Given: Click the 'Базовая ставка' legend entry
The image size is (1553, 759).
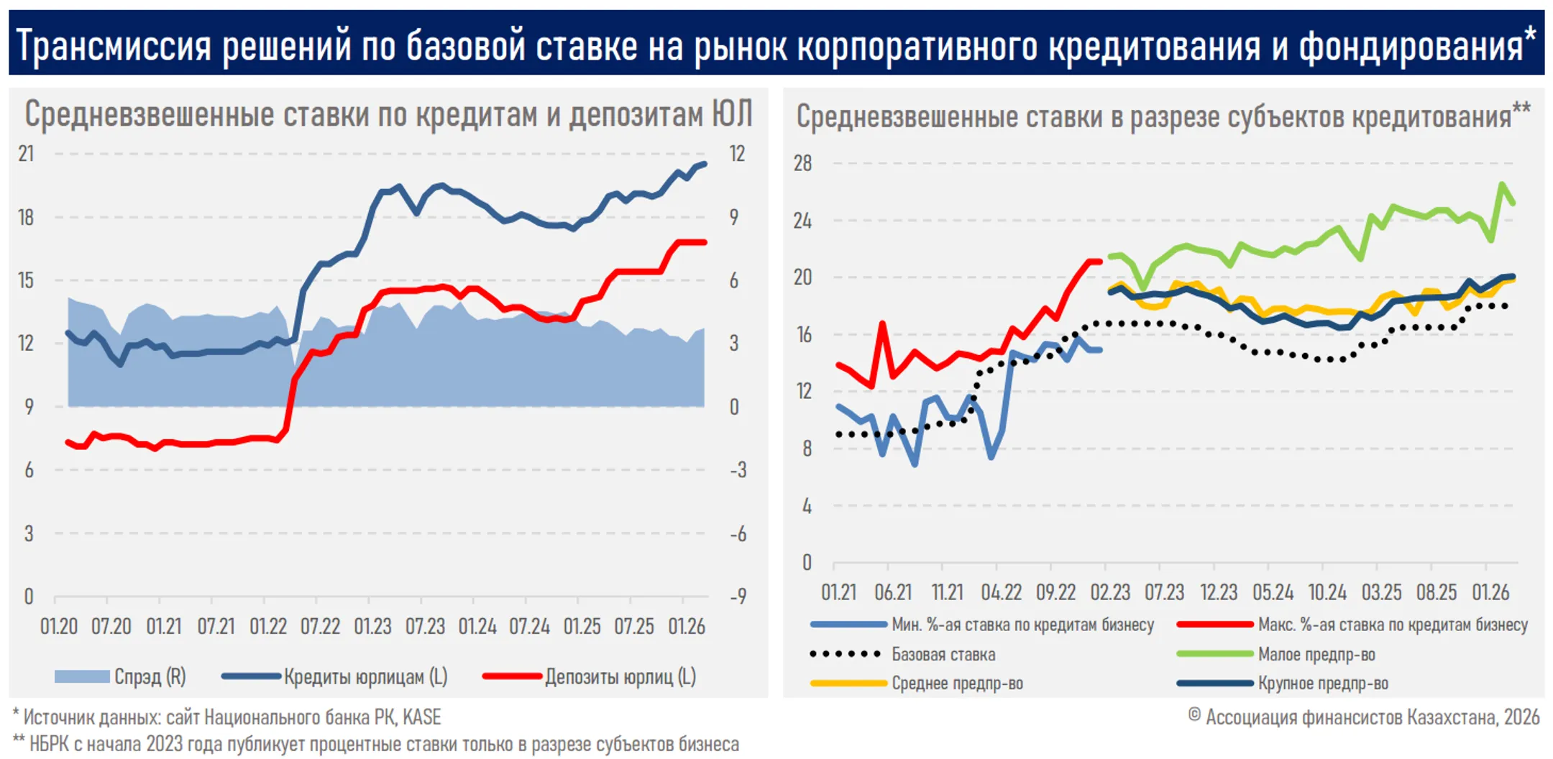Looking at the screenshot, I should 943,654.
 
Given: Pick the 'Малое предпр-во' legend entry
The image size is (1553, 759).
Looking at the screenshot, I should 1316,654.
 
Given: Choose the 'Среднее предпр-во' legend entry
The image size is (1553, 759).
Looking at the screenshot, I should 957,683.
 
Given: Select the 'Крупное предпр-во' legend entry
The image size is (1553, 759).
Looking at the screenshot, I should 1322,683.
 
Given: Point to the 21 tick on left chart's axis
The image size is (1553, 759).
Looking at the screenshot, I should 26,154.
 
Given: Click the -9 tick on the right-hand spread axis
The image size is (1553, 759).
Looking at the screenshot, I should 738,597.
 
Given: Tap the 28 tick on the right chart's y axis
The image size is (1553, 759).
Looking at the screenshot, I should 802,163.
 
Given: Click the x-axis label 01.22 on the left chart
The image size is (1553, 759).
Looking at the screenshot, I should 268,627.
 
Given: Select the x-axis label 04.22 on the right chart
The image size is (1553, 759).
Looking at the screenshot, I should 1001,592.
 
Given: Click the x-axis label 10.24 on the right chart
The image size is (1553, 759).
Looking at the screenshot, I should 1327,592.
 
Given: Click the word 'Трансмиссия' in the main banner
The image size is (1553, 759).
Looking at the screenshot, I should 114,45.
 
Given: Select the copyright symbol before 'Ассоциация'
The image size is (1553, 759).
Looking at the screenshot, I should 1194,715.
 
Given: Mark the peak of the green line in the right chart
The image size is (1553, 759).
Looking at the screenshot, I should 1502,184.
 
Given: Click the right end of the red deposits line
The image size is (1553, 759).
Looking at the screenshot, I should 705,242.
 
